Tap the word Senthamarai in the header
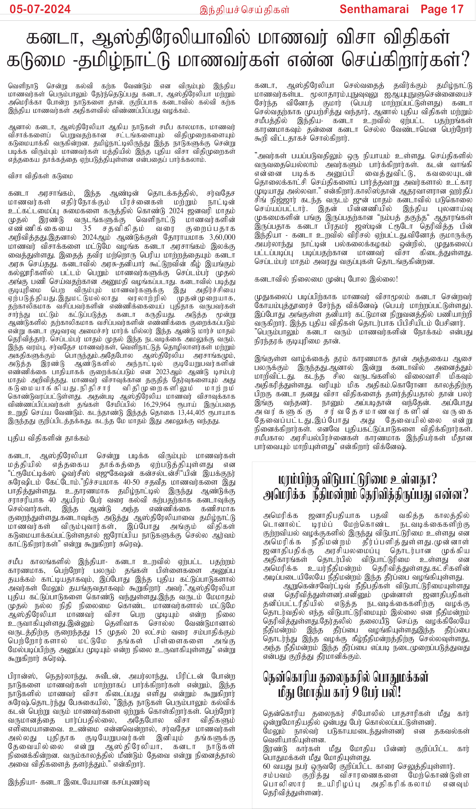(374, 9)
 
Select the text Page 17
(442, 9)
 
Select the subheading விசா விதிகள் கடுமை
(40, 176)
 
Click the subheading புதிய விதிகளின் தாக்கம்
(49, 438)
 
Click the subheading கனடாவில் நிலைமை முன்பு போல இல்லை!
(326, 279)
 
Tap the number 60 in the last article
(267, 766)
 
